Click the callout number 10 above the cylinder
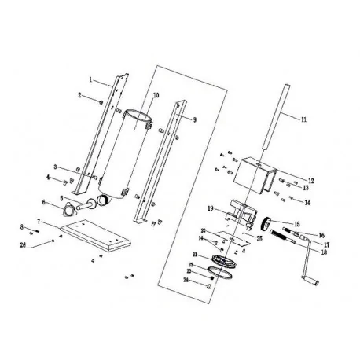coord(156,96)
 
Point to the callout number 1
coord(92,79)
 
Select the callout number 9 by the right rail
coord(194,120)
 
